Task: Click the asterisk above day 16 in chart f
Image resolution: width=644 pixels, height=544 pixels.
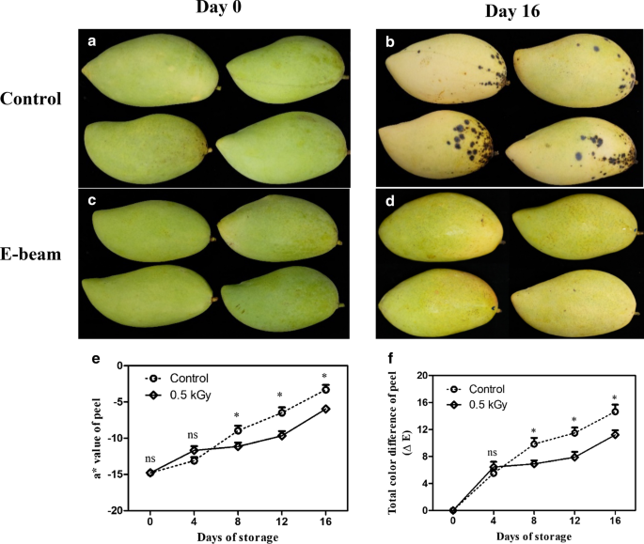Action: (616, 397)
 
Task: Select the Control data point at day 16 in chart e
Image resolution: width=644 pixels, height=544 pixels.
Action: (325, 389)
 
